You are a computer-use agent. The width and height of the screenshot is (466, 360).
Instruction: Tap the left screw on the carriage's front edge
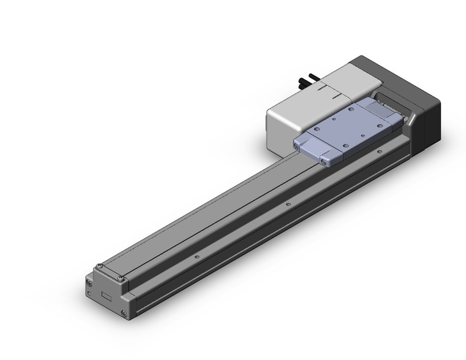(297, 146)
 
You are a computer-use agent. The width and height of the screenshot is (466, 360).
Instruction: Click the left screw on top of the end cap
(98, 267)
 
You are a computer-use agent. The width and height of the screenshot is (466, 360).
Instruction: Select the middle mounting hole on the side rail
(287, 202)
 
